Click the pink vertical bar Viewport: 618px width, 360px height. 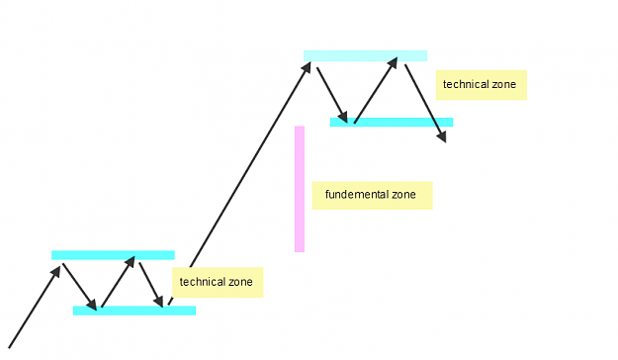point(300,189)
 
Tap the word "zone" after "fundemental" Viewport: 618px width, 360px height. point(403,195)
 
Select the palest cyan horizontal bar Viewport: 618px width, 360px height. point(365,55)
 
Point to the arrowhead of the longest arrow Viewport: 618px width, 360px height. point(307,67)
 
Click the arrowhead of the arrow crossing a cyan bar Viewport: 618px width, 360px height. point(442,136)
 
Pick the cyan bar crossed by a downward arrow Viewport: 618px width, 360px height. point(392,123)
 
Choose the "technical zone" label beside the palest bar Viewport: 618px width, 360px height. point(482,85)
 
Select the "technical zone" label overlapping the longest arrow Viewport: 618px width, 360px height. point(218,282)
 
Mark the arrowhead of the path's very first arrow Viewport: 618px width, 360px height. point(56,272)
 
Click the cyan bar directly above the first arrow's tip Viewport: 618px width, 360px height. point(113,255)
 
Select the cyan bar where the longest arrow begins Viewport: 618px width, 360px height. point(134,311)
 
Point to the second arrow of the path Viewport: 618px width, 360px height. point(80,287)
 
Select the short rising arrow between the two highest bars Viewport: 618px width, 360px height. point(376,90)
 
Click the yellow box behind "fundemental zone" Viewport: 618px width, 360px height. point(373,196)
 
